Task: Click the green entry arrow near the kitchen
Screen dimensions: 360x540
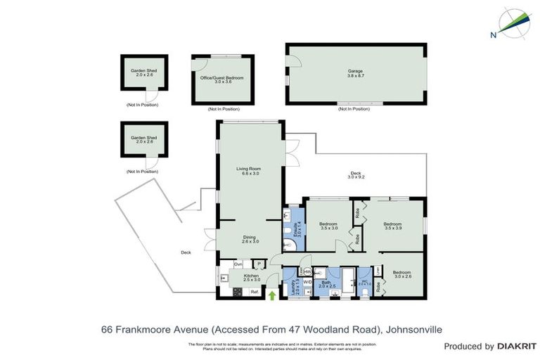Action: pos(272,295)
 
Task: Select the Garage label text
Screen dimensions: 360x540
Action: pos(356,73)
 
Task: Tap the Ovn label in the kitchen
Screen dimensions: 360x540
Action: pos(238,264)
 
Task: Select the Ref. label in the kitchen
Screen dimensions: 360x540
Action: pos(254,291)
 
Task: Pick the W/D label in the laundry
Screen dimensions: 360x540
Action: pos(307,282)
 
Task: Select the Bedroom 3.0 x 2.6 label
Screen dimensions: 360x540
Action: pos(401,274)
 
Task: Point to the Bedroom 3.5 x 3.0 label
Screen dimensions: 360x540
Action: pos(329,226)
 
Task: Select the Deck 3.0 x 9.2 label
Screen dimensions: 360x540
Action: pos(355,176)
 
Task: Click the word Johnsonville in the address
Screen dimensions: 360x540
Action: pos(409,328)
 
